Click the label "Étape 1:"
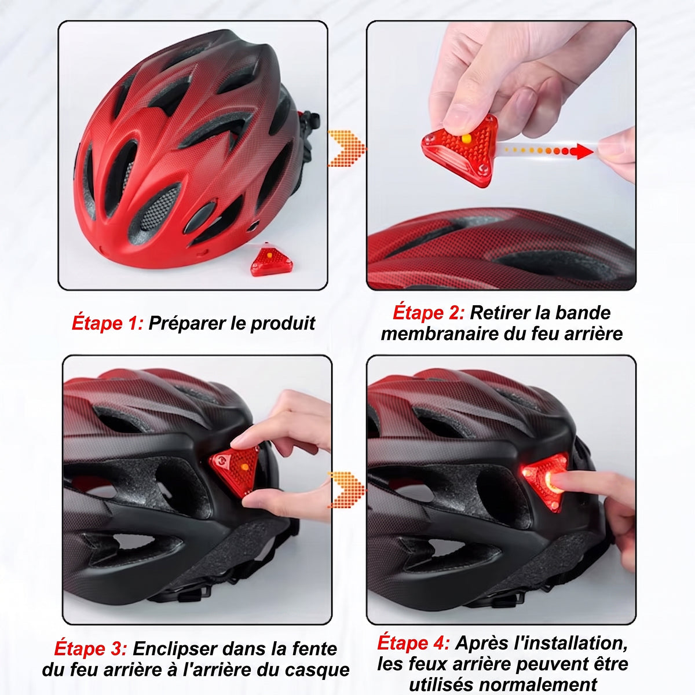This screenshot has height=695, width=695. (x=108, y=322)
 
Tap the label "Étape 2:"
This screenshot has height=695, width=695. (x=429, y=312)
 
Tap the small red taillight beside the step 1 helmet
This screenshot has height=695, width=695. (x=271, y=259)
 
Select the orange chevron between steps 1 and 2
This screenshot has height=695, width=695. (x=346, y=148)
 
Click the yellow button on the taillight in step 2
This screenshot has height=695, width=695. (x=466, y=138)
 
